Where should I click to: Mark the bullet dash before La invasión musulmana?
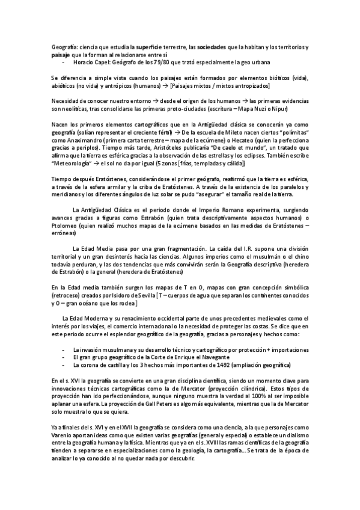coord(63,350)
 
